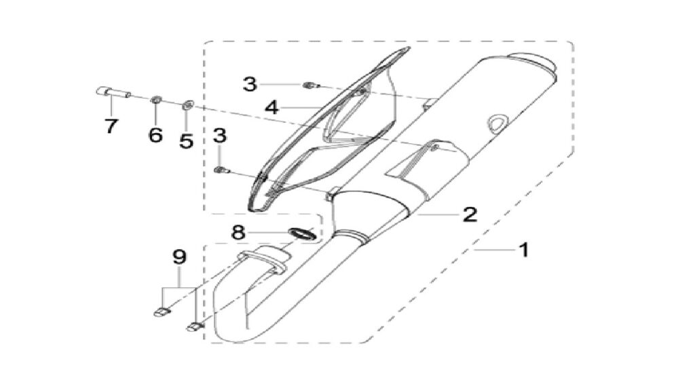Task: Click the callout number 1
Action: [x=523, y=250]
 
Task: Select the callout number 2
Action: [x=470, y=215]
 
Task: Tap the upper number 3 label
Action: [x=250, y=83]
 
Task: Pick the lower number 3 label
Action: [x=220, y=136]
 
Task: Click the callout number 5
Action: [x=186, y=141]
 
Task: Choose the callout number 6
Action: [x=155, y=134]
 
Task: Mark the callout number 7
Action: [x=111, y=126]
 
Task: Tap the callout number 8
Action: [x=238, y=232]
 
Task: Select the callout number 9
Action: [x=179, y=257]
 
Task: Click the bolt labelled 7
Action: [x=113, y=92]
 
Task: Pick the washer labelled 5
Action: [x=187, y=105]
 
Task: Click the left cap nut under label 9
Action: [x=162, y=312]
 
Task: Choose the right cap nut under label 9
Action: [x=194, y=327]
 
